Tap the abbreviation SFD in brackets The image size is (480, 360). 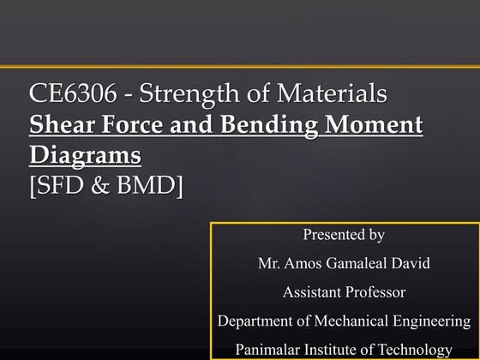pyautogui.click(x=61, y=185)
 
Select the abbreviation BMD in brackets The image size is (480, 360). pyautogui.click(x=149, y=185)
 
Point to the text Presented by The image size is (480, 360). pyautogui.click(x=344, y=234)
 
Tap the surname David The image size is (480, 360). pyautogui.click(x=411, y=263)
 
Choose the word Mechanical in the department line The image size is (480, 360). pyautogui.click(x=346, y=321)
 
